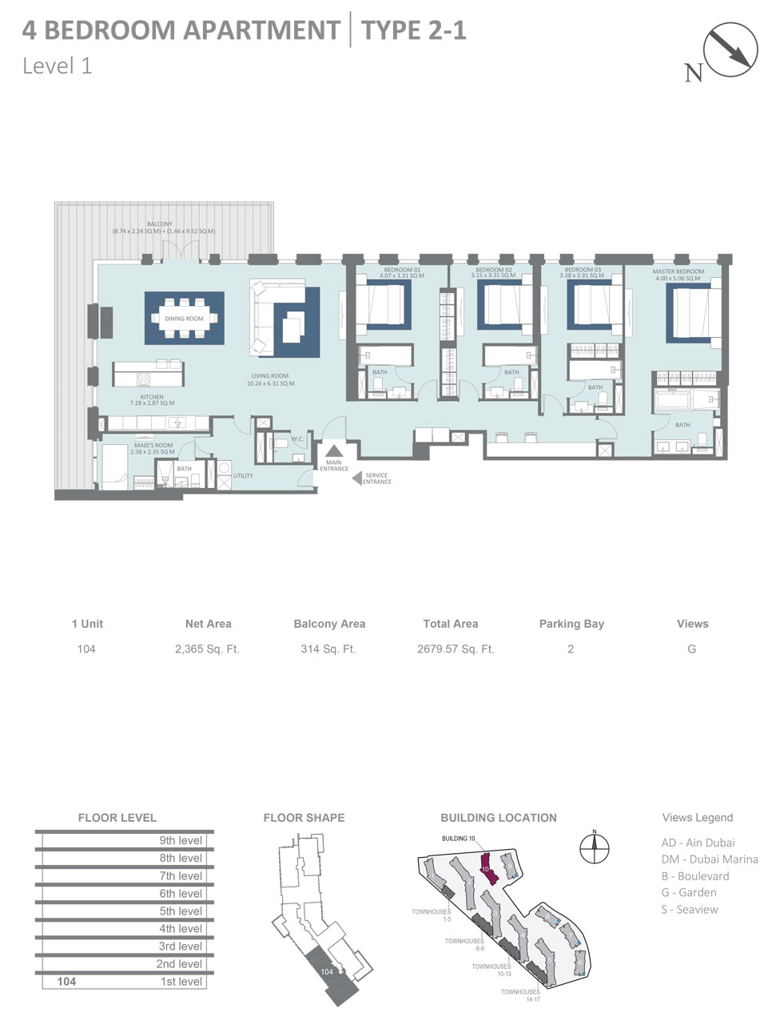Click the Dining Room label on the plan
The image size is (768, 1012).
(x=184, y=319)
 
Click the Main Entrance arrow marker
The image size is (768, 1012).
(x=333, y=453)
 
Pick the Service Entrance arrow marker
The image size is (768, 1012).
(x=356, y=478)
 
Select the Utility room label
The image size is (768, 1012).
(x=243, y=476)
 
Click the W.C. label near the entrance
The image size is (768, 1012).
(x=296, y=439)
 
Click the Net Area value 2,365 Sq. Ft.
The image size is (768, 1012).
(x=207, y=649)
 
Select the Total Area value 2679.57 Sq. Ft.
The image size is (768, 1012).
(x=456, y=649)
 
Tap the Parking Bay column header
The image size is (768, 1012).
(x=571, y=624)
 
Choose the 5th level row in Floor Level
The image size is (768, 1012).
(x=181, y=911)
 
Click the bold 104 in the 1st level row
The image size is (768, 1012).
(x=66, y=982)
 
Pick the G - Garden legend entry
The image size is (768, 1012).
(x=688, y=892)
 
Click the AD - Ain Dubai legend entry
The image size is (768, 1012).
(x=698, y=843)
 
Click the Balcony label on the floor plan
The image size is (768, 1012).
(x=160, y=224)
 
